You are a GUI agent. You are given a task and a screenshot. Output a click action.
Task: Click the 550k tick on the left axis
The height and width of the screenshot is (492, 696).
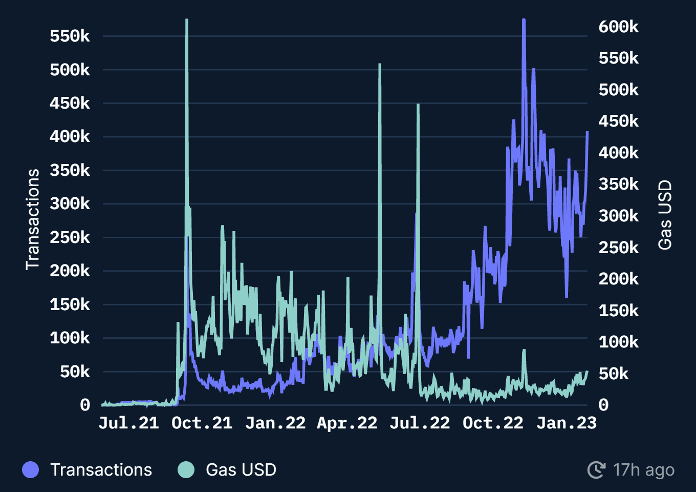[70, 36]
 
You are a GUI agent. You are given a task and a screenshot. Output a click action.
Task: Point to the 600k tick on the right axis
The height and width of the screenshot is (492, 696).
[618, 27]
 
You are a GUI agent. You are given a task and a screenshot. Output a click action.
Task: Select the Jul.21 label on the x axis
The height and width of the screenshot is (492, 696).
[128, 423]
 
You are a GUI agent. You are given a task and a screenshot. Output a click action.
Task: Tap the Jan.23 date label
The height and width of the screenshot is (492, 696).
[566, 423]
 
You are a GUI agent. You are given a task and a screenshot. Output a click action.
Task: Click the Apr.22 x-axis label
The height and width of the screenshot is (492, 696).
[347, 423]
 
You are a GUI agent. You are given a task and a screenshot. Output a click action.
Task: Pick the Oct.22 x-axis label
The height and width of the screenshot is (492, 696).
[493, 423]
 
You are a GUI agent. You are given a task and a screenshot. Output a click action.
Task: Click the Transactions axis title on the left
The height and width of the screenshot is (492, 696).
[33, 219]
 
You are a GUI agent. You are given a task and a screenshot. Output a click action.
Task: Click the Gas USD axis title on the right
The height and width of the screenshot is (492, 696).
[665, 215]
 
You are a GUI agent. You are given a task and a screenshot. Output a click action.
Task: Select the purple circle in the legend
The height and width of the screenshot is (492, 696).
[31, 469]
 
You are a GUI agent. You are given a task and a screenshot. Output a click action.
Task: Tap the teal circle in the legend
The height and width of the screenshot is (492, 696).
[186, 469]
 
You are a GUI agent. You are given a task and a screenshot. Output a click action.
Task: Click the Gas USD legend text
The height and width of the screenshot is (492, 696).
[241, 469]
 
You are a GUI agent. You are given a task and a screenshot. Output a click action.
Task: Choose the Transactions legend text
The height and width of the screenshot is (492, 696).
[101, 469]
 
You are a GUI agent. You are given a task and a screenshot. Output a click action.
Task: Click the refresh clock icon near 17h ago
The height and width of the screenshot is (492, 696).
[596, 469]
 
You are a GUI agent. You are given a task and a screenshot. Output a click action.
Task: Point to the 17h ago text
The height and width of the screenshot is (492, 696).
[643, 469]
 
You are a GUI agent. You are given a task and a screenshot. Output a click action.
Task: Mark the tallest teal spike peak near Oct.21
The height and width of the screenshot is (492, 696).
[187, 20]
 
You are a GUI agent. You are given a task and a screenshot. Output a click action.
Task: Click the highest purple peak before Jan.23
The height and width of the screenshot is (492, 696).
[524, 20]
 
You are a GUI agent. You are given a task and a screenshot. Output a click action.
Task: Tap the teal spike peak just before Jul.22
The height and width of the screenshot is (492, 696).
[418, 105]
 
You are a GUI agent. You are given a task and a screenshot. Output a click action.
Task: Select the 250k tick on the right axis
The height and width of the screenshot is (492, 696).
[618, 248]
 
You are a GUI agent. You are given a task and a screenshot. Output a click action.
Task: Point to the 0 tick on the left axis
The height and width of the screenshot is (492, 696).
[85, 405]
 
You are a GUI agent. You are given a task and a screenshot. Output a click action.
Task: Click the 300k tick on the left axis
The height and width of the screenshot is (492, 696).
[70, 204]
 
